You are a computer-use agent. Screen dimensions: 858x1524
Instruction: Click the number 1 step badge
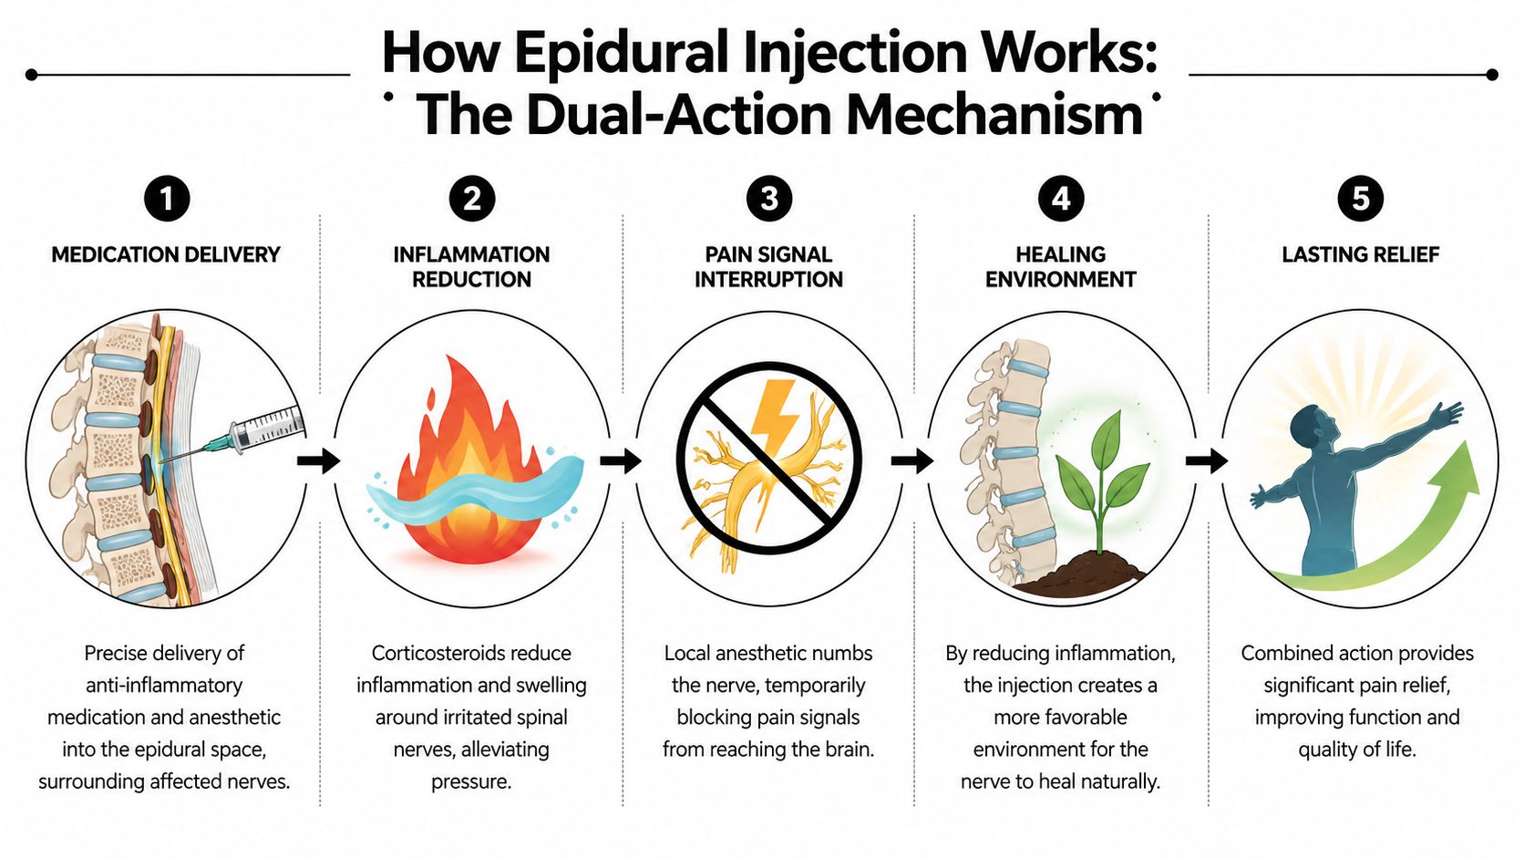pos(167,199)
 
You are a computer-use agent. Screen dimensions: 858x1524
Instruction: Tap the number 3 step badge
pos(768,199)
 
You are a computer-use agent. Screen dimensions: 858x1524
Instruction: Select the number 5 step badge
pos(1360,199)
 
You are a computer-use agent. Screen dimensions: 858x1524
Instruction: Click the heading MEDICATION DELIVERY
pos(166,254)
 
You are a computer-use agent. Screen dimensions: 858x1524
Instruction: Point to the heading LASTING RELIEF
pos(1360,254)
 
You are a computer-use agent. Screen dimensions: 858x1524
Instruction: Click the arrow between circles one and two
pos(318,461)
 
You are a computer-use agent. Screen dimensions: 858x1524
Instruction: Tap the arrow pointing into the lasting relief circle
pos(1206,461)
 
